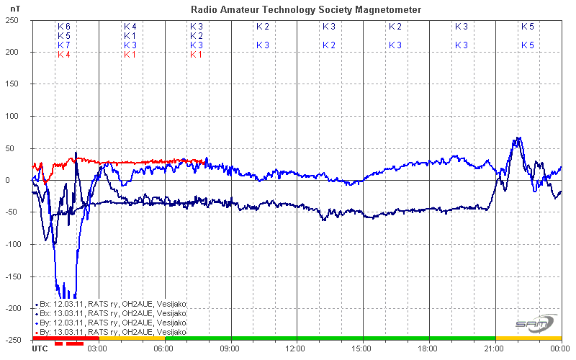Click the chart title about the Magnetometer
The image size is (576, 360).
click(x=306, y=9)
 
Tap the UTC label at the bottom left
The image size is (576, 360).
click(x=41, y=348)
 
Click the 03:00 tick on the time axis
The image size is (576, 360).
click(x=98, y=348)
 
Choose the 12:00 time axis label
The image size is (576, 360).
click(x=297, y=348)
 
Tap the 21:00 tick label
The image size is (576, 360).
click(x=495, y=348)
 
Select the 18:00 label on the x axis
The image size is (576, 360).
click(x=429, y=348)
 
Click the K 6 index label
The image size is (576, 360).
click(x=64, y=27)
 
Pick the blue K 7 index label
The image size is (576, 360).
click(x=64, y=45)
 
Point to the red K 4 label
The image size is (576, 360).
click(x=64, y=55)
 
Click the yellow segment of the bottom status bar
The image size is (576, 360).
click(x=528, y=338)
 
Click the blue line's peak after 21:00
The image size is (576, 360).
click(x=516, y=138)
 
